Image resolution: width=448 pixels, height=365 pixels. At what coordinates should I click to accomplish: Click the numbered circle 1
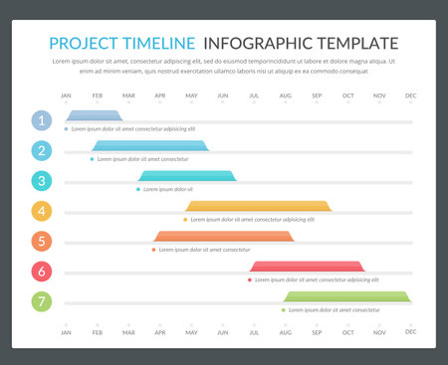coord(41,120)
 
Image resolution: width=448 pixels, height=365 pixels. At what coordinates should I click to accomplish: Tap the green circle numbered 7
coord(41,300)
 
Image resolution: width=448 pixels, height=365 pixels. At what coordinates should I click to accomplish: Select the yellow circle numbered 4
coord(41,211)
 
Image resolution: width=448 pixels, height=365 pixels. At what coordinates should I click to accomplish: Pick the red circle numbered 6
coord(41,271)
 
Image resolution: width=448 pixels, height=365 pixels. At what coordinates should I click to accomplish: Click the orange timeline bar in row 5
coord(223,236)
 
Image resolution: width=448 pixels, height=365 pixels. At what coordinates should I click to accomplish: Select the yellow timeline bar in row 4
coord(258,206)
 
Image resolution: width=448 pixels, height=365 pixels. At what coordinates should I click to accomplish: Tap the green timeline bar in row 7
coord(346,295)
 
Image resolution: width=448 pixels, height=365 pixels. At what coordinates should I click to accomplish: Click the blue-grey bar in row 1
coord(95,116)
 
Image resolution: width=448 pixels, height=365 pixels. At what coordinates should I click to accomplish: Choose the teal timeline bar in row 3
coord(188,176)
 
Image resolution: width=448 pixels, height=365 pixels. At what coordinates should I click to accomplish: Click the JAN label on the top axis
coord(66,95)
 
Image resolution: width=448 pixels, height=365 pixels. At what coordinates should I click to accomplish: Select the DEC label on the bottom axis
coord(410,331)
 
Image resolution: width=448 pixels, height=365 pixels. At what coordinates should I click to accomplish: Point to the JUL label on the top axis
coord(254,95)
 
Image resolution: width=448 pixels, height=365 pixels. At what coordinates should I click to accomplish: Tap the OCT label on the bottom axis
coord(347,331)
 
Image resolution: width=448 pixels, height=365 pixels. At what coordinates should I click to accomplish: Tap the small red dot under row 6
coord(250,279)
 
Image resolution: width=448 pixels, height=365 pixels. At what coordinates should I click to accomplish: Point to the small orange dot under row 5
coord(154,250)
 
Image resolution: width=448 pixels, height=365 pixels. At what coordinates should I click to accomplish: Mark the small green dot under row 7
coord(284,309)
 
